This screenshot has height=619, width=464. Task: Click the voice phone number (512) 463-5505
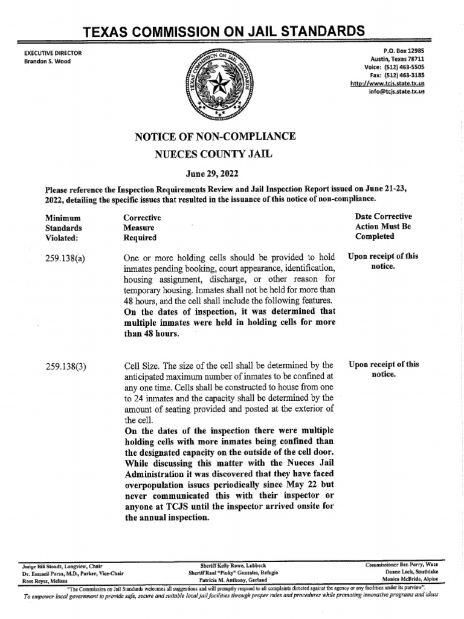(x=405, y=68)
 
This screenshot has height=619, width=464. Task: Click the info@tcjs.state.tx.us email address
(x=397, y=91)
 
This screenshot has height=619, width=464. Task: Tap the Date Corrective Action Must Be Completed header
(x=383, y=227)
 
